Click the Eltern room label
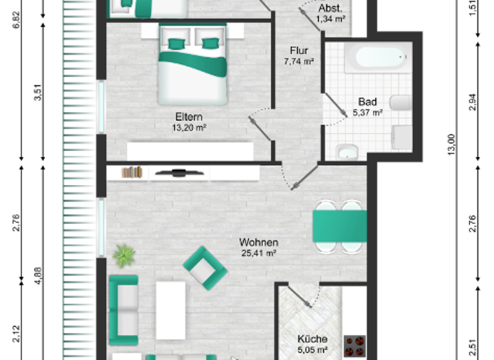click(x=189, y=117)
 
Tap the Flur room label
click(x=298, y=51)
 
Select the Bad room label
click(x=367, y=102)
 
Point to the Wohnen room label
click(x=259, y=242)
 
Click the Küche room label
click(x=313, y=339)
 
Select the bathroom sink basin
click(x=348, y=153)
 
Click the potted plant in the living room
click(x=123, y=256)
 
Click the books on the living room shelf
click(x=131, y=172)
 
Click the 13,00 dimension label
click(x=451, y=143)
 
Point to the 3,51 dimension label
click(x=38, y=94)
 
